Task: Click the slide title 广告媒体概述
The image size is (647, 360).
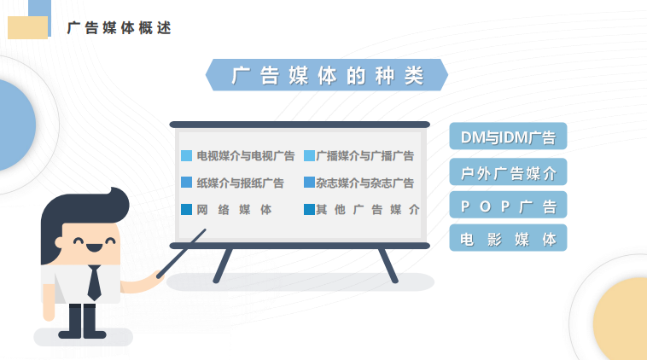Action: pyautogui.click(x=119, y=28)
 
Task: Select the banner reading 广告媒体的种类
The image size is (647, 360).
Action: pyautogui.click(x=327, y=75)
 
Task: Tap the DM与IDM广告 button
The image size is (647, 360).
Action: pyautogui.click(x=508, y=136)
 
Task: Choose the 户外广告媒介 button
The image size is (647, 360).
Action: pyautogui.click(x=508, y=172)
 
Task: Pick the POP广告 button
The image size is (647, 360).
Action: pyautogui.click(x=508, y=205)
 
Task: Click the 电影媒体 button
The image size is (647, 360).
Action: pyautogui.click(x=508, y=238)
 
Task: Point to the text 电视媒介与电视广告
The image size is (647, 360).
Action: pyautogui.click(x=246, y=156)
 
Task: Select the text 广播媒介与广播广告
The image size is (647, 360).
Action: pyautogui.click(x=364, y=156)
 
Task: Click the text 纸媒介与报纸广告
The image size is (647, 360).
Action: pyautogui.click(x=240, y=183)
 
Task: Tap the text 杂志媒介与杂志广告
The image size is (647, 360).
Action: pyautogui.click(x=364, y=183)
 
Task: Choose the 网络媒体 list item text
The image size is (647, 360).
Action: pyautogui.click(x=234, y=210)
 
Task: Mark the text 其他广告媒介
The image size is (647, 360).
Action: pyautogui.click(x=368, y=210)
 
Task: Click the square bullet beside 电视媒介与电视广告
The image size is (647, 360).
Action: pyautogui.click(x=187, y=156)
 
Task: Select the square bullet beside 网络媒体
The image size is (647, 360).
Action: pyautogui.click(x=187, y=210)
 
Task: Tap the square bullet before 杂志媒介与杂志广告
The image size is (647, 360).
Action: pyautogui.click(x=309, y=183)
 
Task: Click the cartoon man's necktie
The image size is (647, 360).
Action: pyautogui.click(x=95, y=282)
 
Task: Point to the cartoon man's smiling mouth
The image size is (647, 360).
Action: pyautogui.click(x=94, y=247)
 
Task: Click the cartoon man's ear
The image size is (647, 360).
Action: pyautogui.click(x=59, y=242)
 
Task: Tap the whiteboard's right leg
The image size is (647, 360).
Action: pyautogui.click(x=388, y=266)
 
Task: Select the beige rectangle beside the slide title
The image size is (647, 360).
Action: pyautogui.click(x=27, y=27)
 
